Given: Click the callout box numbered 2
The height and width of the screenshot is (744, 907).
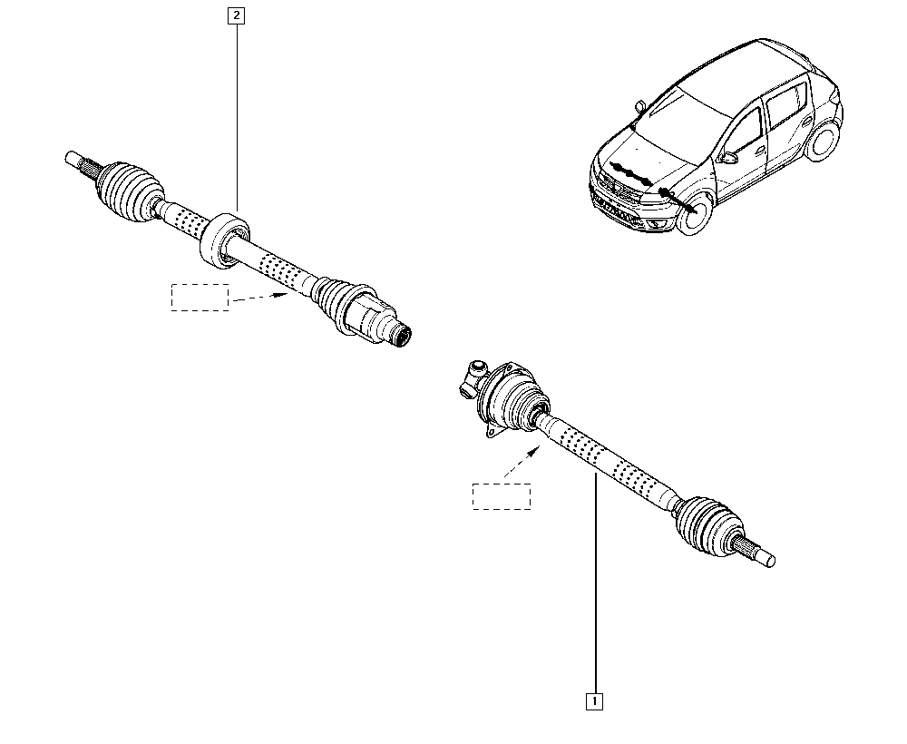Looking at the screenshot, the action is [x=236, y=15].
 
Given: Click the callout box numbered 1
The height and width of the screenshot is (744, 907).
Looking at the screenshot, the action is [x=595, y=701].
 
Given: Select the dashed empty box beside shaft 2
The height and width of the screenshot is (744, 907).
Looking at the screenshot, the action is [x=200, y=298].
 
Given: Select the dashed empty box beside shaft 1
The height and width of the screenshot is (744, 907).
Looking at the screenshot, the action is [x=502, y=496].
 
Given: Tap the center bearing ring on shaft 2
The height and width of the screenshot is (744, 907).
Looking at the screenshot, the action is [x=224, y=240].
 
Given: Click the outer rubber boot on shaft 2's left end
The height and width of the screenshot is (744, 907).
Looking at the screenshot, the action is [x=130, y=191].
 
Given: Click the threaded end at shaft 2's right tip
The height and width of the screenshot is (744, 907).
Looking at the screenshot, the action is [x=400, y=335].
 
